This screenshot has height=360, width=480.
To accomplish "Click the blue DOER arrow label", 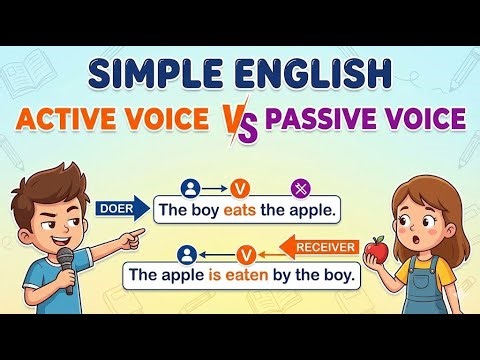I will [x=119, y=208].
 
